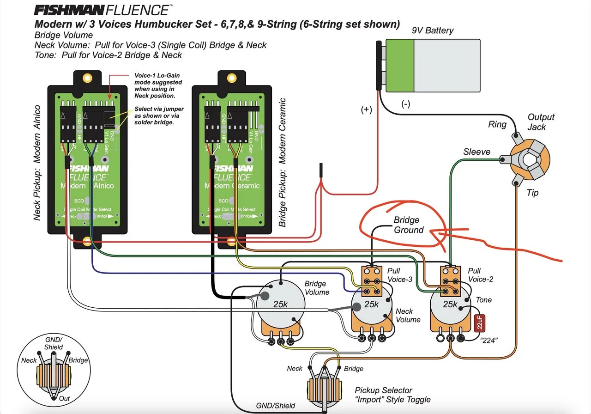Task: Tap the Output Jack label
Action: (x=541, y=122)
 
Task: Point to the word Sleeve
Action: (x=476, y=152)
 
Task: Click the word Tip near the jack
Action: (x=532, y=193)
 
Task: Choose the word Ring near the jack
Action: (x=497, y=125)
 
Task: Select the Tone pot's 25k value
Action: (x=450, y=304)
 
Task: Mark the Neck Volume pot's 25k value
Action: (x=372, y=304)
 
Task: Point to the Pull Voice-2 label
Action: (x=480, y=275)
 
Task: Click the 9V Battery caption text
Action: (x=432, y=30)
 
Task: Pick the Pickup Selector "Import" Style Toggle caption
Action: (x=392, y=395)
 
